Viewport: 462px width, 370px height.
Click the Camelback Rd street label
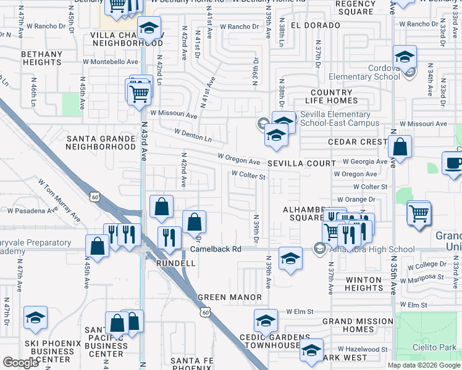click(x=216, y=249)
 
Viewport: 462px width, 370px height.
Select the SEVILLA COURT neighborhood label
click(x=301, y=163)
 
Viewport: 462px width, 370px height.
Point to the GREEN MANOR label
click(x=230, y=297)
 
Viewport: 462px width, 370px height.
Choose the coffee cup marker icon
click(x=453, y=163)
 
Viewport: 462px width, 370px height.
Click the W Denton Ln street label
click(x=193, y=136)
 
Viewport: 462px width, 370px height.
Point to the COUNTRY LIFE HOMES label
click(x=332, y=96)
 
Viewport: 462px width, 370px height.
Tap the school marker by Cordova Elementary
click(x=405, y=58)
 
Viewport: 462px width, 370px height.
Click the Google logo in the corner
click(x=20, y=363)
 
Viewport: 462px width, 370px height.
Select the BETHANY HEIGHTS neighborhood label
click(x=42, y=59)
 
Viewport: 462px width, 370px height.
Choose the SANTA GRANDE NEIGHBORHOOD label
click(x=101, y=142)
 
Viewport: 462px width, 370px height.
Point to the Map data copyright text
click(x=424, y=365)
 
